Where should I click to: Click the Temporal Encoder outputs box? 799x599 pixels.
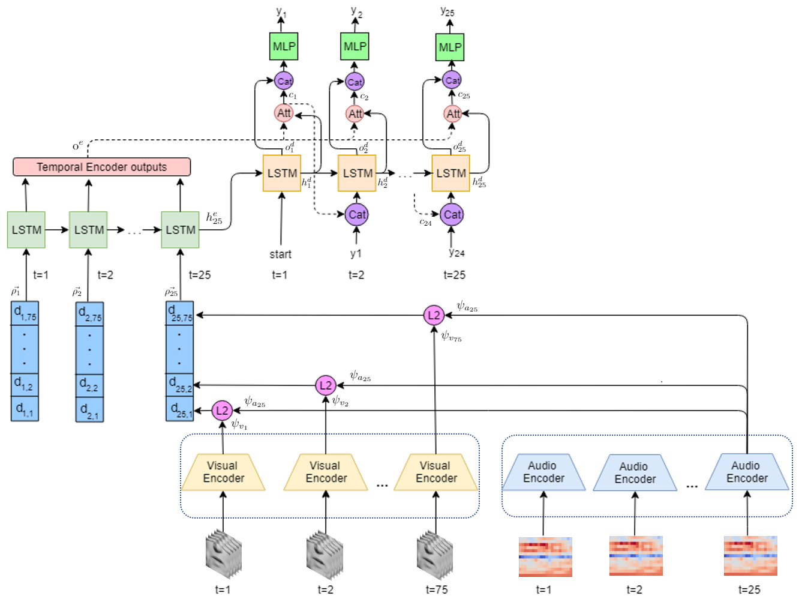tap(101, 167)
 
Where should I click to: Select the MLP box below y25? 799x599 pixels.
tap(450, 47)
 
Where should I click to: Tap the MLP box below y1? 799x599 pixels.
tap(284, 46)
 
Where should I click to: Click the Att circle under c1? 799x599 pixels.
tap(284, 113)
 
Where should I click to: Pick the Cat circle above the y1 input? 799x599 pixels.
tap(356, 215)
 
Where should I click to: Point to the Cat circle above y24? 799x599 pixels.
tap(452, 215)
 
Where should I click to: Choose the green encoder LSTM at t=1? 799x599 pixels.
tap(26, 230)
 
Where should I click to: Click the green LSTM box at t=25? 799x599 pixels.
tap(180, 230)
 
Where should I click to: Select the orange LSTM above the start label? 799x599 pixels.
tap(282, 173)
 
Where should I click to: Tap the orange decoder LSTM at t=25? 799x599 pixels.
tap(450, 173)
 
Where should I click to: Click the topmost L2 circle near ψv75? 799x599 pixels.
tap(434, 315)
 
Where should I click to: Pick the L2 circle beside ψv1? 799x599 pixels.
tap(222, 411)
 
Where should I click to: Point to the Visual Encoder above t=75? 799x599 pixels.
tap(436, 472)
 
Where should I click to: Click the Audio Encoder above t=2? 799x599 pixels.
tap(635, 473)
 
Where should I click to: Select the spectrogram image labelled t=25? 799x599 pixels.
tap(750, 556)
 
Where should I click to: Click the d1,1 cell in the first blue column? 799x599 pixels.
tap(25, 409)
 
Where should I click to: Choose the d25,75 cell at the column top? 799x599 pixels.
tap(180, 313)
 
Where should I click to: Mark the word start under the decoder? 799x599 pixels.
tap(280, 254)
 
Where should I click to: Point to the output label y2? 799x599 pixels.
tap(356, 12)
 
